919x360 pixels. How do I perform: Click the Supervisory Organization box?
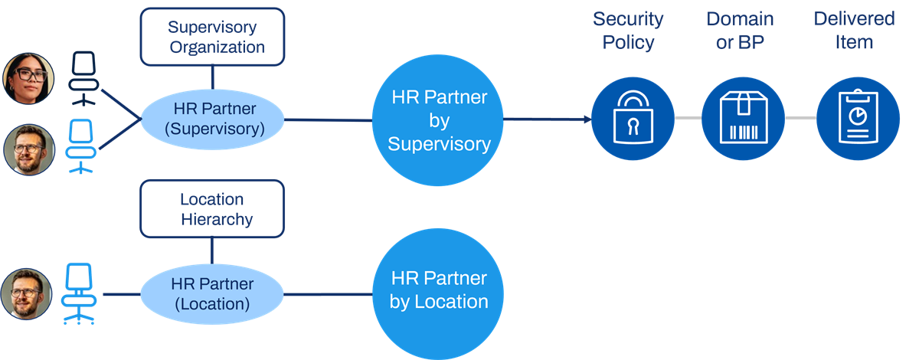click(212, 37)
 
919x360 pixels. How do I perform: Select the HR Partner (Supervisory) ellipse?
click(212, 119)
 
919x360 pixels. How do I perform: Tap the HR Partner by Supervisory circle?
click(438, 120)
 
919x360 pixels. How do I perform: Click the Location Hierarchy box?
click(212, 208)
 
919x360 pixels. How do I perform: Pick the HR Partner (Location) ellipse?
click(212, 294)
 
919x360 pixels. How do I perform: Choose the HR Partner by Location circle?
click(438, 294)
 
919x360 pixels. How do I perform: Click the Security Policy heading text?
click(628, 31)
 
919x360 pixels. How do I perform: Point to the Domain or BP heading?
click(740, 31)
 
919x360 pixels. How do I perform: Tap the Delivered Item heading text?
click(854, 31)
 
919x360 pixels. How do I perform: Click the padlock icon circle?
click(633, 119)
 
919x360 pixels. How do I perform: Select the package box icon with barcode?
click(743, 119)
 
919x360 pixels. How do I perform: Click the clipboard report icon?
click(858, 119)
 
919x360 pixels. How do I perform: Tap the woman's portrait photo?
click(28, 78)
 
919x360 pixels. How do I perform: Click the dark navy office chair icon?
click(83, 78)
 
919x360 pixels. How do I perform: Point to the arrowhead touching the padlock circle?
click(587, 119)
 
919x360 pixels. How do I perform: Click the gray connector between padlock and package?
click(688, 118)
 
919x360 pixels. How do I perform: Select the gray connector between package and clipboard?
click(800, 118)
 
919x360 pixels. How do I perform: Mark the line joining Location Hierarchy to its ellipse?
click(212, 250)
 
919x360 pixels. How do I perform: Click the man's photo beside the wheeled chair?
click(26, 294)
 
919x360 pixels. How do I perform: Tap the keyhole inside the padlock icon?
click(633, 127)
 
